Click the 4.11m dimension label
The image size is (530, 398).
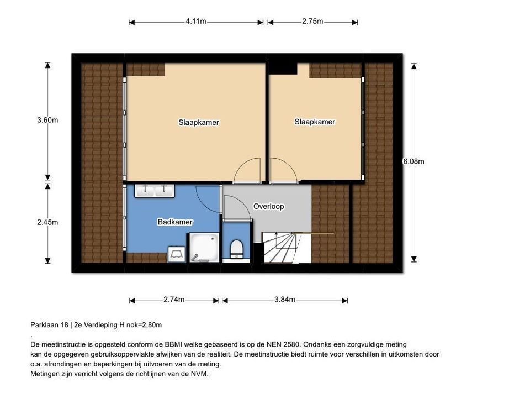tap(196, 22)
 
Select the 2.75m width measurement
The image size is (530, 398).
tap(312, 22)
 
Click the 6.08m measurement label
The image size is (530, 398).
tap(414, 161)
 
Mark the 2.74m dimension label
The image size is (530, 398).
tap(174, 300)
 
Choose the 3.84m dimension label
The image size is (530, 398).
tap(285, 300)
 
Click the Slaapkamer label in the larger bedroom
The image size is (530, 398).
tap(198, 122)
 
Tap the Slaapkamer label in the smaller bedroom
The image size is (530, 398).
tap(315, 122)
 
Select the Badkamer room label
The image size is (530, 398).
tap(175, 222)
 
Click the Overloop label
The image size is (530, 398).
tap(268, 207)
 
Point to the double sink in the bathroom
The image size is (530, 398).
tap(155, 190)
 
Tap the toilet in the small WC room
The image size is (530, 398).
tap(236, 249)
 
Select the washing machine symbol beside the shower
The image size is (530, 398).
tap(177, 254)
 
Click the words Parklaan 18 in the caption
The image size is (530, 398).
tap(51, 325)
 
